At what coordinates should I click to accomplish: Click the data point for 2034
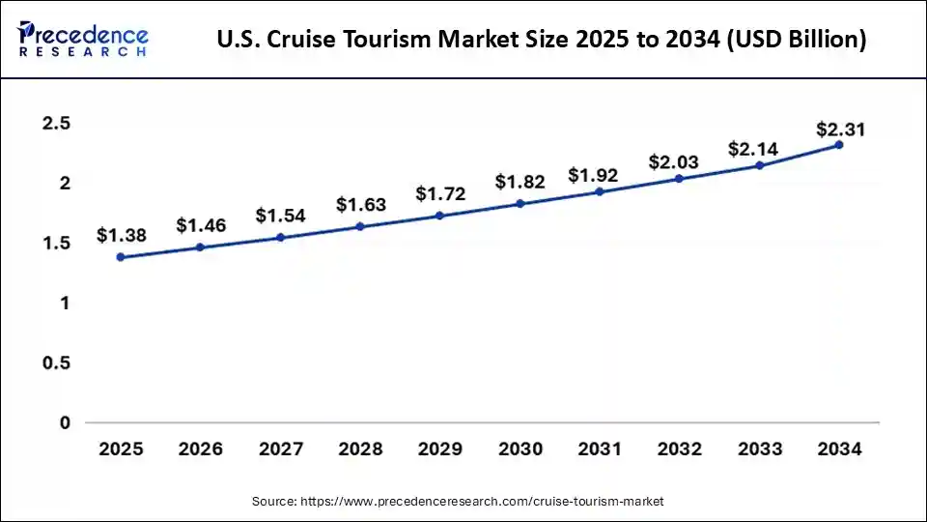(x=839, y=145)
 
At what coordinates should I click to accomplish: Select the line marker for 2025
(x=121, y=257)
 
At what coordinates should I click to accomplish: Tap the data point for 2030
(x=520, y=204)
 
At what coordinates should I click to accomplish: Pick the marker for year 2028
(x=360, y=227)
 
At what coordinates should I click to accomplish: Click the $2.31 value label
(x=839, y=130)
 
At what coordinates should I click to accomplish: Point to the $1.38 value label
(x=121, y=235)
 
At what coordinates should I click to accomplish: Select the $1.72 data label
(x=440, y=194)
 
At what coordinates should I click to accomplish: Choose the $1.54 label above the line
(x=280, y=216)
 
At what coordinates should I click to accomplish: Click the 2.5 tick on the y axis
(x=57, y=124)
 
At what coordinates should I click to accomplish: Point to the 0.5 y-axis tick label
(x=57, y=363)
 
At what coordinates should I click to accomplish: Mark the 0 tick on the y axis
(x=64, y=423)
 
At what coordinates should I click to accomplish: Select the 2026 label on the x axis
(x=200, y=449)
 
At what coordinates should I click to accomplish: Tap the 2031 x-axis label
(x=600, y=449)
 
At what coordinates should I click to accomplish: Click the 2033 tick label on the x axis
(x=759, y=449)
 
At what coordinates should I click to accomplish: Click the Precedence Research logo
(x=83, y=39)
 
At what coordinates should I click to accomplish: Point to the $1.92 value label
(x=600, y=176)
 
